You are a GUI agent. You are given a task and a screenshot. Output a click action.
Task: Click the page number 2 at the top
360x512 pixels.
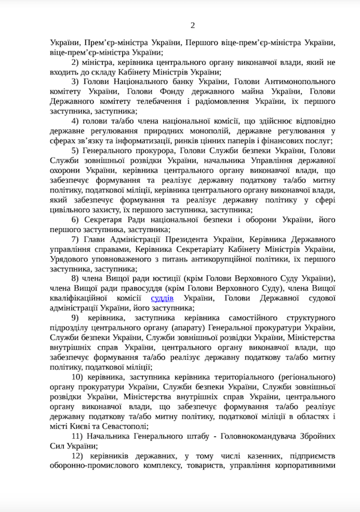[193, 25]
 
